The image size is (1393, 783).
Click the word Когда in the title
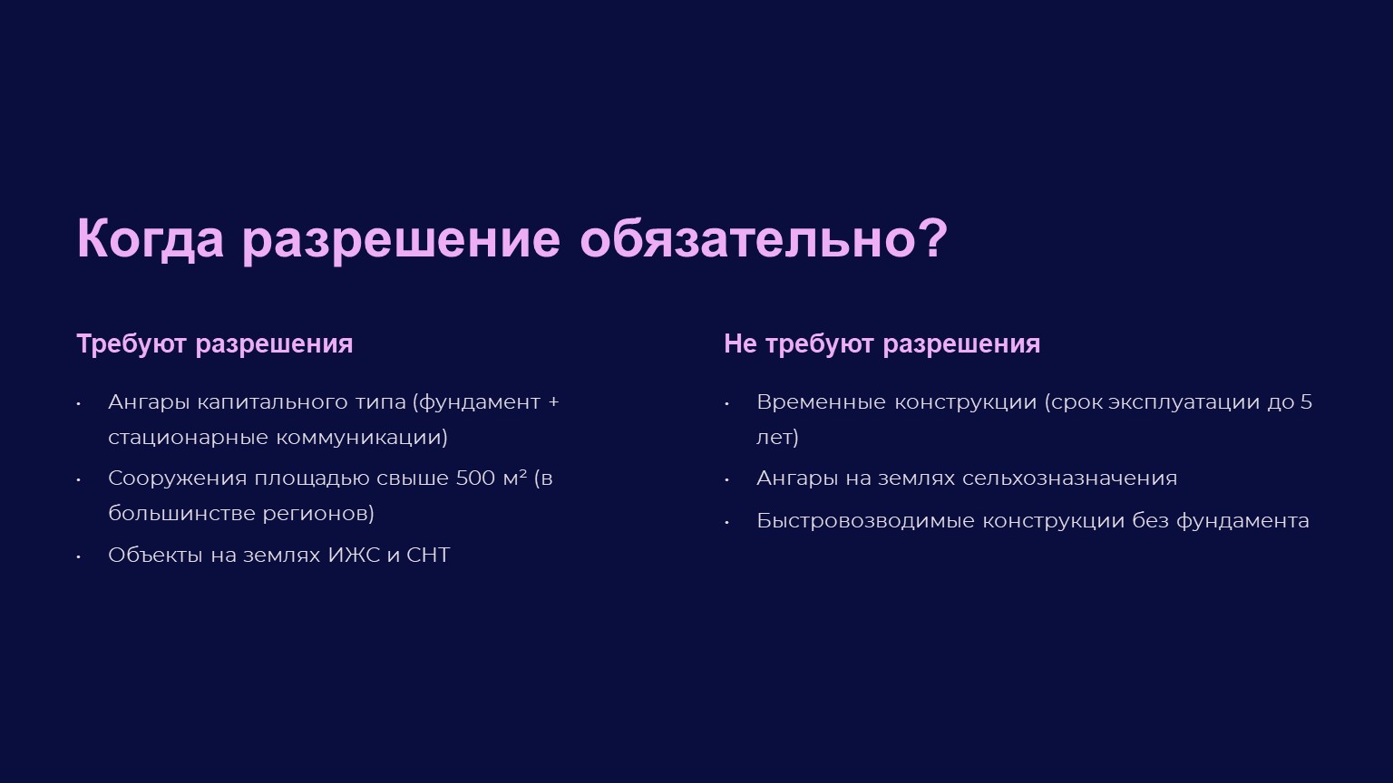pyautogui.click(x=150, y=239)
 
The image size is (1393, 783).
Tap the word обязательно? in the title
pyautogui.click(x=764, y=238)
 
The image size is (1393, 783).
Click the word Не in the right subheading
pyautogui.click(x=739, y=343)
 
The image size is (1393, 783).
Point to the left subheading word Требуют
pyautogui.click(x=132, y=344)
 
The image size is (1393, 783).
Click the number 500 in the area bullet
pyautogui.click(x=475, y=478)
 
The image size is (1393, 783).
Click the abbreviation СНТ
pyautogui.click(x=428, y=555)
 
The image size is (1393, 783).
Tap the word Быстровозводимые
pyautogui.click(x=865, y=521)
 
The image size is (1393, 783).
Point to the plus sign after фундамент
pyautogui.click(x=553, y=402)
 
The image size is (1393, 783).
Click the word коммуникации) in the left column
pyautogui.click(x=362, y=438)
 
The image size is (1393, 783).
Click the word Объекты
pyautogui.click(x=155, y=555)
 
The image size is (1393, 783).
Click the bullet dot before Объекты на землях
pyautogui.click(x=79, y=556)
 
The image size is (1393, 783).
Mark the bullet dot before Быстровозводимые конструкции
pyautogui.click(x=726, y=523)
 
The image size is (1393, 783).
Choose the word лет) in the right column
pyautogui.click(x=777, y=438)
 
